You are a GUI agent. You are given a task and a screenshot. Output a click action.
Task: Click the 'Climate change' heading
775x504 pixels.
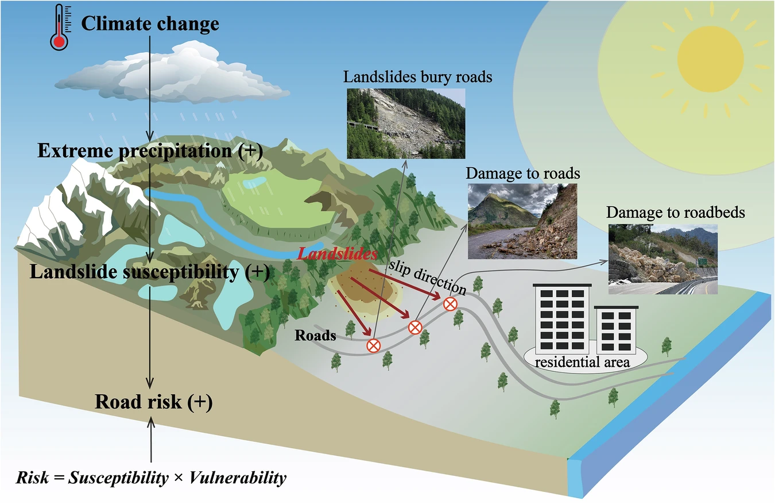coord(150,24)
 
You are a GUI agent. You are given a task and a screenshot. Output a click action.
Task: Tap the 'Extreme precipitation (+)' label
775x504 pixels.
coord(150,151)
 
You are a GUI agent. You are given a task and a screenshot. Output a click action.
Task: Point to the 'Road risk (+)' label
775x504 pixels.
coord(153,402)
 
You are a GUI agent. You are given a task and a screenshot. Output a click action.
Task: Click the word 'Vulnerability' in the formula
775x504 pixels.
coord(236,478)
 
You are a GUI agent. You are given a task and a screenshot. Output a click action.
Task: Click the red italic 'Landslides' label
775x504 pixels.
coord(338,253)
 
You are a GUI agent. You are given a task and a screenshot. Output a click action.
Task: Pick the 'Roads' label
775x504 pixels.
coord(315,335)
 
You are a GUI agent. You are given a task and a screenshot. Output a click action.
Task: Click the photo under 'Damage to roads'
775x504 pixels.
coord(522,221)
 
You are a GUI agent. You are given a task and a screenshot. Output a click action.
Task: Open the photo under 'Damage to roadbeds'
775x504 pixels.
coord(662,259)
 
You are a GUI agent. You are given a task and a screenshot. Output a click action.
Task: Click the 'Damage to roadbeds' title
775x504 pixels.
coord(676,213)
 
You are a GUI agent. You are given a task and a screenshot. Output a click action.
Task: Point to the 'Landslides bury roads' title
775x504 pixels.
coord(418,77)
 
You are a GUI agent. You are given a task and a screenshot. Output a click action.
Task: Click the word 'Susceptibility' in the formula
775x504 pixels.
coord(116,478)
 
